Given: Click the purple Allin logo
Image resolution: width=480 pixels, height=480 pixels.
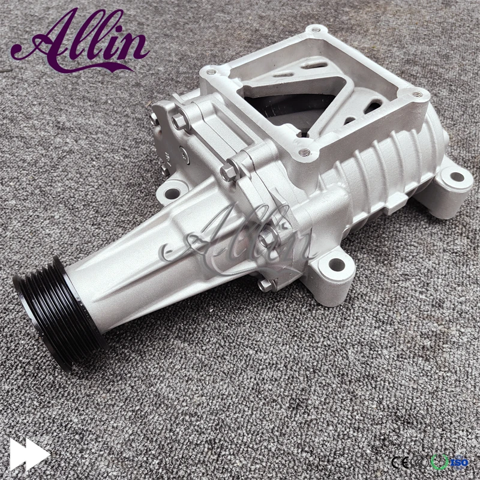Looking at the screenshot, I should (81, 41).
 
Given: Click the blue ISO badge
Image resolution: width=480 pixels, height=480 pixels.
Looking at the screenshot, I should (458, 462).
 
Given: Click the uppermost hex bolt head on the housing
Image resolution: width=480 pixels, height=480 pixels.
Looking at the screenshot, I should (178, 122).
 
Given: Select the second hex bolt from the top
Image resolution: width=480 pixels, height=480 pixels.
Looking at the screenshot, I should (228, 173).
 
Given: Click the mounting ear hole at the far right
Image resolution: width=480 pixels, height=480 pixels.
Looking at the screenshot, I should (456, 177).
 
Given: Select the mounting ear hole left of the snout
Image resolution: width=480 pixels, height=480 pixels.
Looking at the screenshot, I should (172, 193).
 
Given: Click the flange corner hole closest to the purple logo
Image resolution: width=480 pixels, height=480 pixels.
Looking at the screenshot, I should (211, 72).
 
